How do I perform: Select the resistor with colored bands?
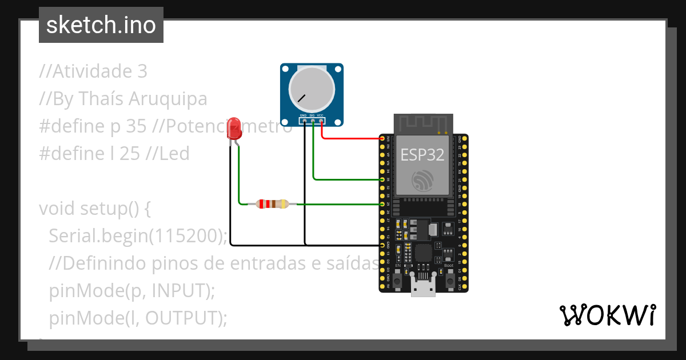[x=273, y=203]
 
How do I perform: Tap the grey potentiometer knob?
[x=312, y=89]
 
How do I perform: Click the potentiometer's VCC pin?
[x=321, y=120]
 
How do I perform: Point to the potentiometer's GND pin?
[x=304, y=120]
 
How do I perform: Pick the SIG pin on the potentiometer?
[x=313, y=120]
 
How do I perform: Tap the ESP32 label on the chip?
[x=422, y=154]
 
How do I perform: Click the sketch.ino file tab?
[x=101, y=25]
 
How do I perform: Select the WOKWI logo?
[x=607, y=315]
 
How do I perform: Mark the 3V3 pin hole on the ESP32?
[x=382, y=138]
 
